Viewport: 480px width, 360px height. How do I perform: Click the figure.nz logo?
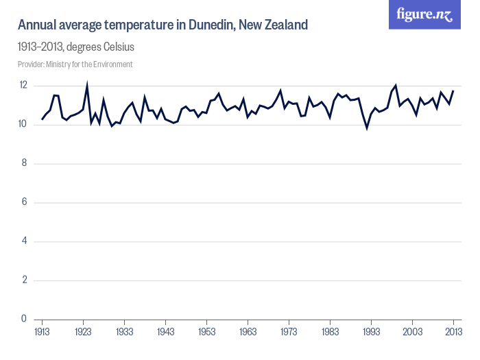point(424,14)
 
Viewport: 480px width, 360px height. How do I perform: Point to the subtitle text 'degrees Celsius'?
point(104,47)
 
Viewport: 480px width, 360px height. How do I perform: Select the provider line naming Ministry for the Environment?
point(75,64)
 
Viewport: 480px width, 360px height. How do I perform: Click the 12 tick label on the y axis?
point(23,86)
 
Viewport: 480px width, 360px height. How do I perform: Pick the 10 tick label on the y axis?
point(23,125)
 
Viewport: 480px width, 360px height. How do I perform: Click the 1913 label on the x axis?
point(43,332)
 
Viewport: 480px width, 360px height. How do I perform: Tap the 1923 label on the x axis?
point(84,332)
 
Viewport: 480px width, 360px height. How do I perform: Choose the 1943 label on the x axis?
point(166,332)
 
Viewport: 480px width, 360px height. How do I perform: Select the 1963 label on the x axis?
point(248,332)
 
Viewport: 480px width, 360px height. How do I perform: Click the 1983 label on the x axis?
point(331,332)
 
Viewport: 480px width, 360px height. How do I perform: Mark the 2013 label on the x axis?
point(453,332)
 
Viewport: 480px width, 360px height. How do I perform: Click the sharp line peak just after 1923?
point(87,84)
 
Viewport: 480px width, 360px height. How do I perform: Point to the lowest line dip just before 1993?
point(367,128)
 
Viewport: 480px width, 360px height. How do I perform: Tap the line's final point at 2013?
point(453,91)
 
